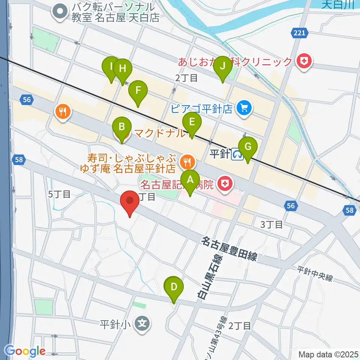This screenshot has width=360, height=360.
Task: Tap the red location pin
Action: [x=130, y=202]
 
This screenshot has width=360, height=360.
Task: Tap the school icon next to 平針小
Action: [x=142, y=322]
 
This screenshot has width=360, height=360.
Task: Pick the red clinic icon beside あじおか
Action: [x=304, y=61]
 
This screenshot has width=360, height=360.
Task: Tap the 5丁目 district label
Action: [x=60, y=194]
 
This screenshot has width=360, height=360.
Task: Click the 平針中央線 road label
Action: [x=315, y=274]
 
